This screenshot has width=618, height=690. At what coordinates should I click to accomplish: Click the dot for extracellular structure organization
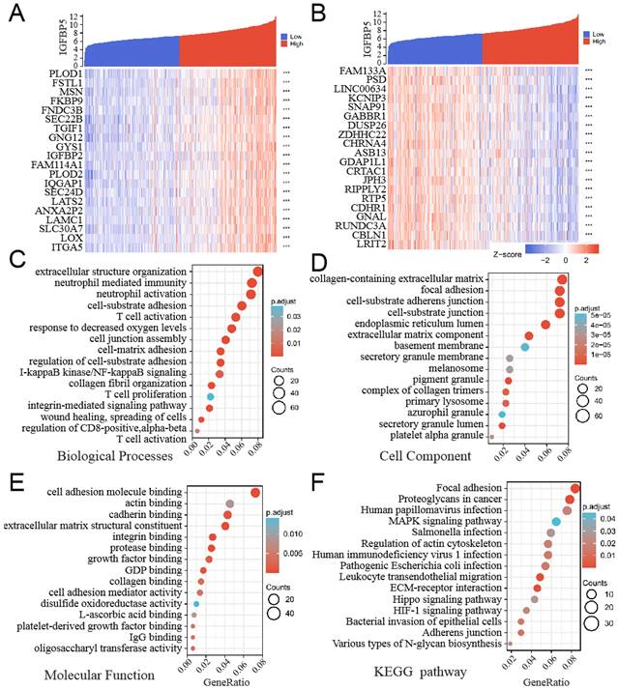(257, 273)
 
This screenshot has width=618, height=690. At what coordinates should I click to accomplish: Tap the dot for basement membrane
(524, 346)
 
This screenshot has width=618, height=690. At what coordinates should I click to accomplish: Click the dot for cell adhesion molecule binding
(256, 492)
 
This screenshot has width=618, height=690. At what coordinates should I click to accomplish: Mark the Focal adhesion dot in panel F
(575, 488)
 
